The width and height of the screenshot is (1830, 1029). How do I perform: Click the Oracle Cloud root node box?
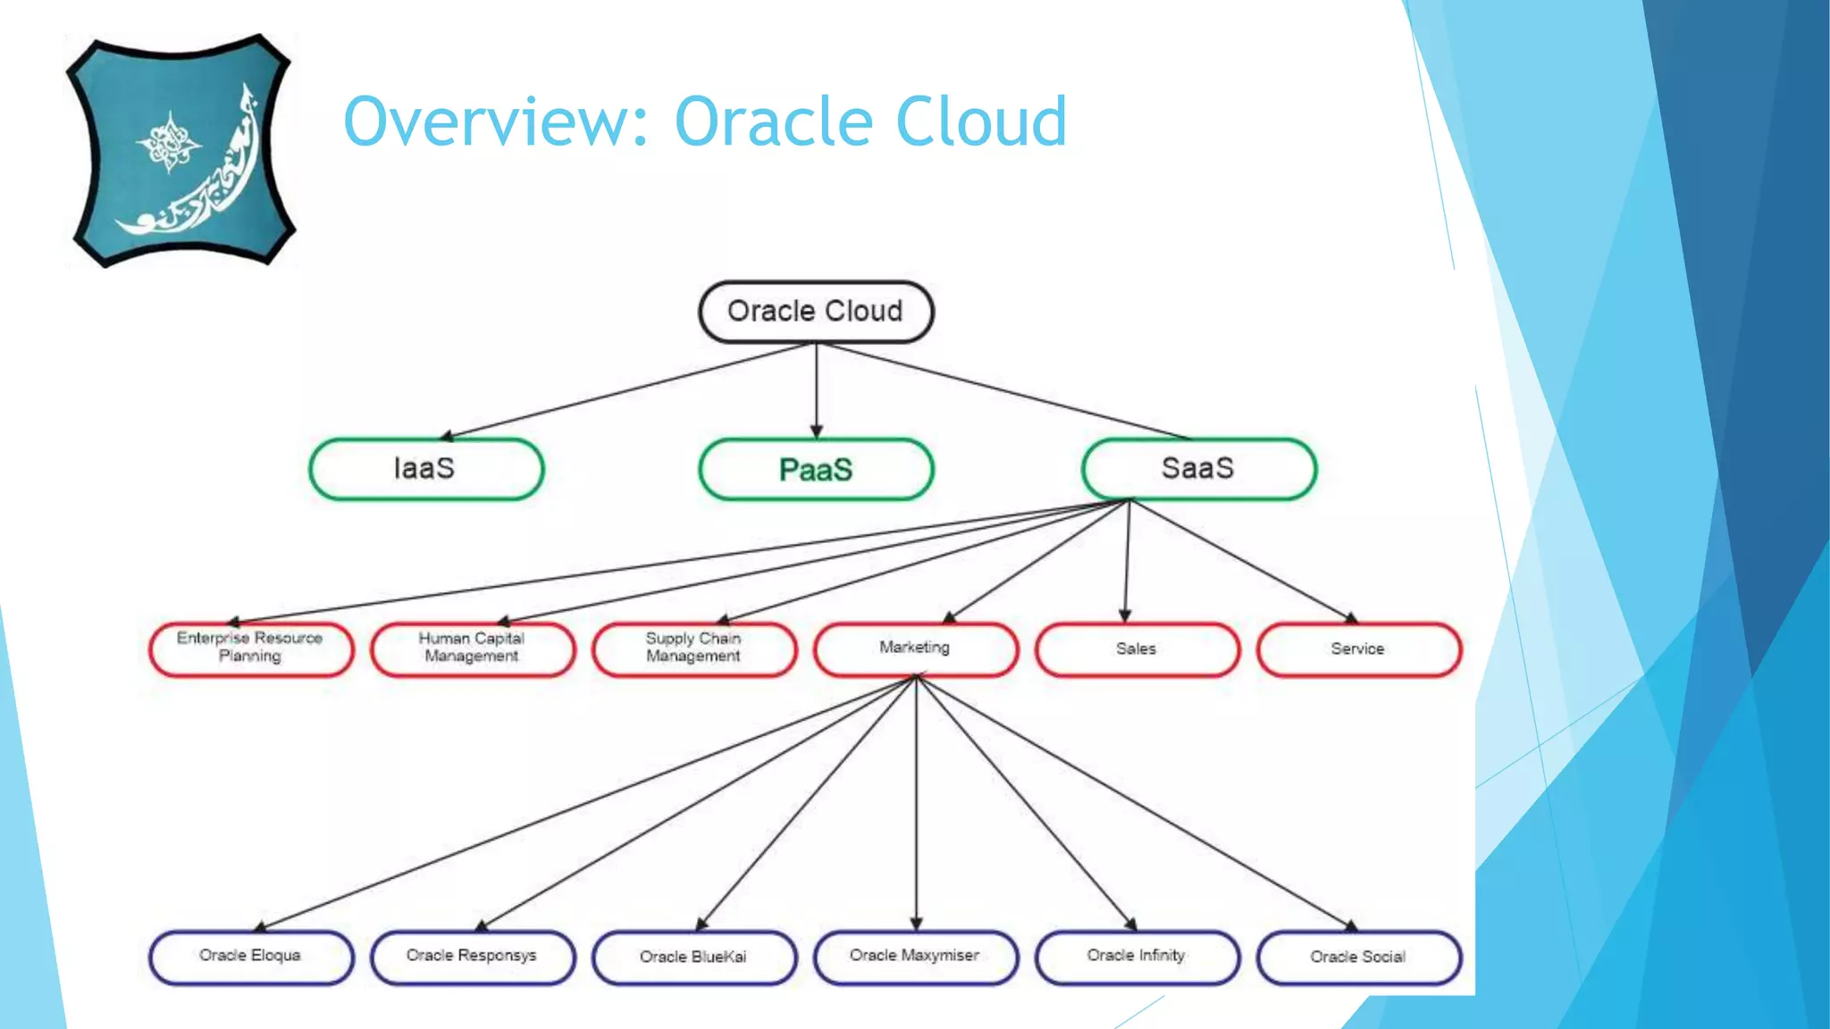click(816, 312)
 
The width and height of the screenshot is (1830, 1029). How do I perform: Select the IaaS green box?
click(426, 469)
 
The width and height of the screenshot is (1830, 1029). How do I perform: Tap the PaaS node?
click(816, 469)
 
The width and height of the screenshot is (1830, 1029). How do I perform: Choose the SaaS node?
click(1198, 469)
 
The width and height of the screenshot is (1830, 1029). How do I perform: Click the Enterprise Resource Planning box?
click(251, 648)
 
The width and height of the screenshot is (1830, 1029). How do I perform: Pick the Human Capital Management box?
click(473, 648)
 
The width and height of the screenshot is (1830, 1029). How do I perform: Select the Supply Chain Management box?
click(694, 648)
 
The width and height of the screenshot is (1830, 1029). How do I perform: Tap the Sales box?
click(1137, 649)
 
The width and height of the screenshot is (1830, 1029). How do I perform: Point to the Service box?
click(1358, 649)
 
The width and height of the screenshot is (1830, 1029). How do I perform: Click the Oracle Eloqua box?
click(251, 957)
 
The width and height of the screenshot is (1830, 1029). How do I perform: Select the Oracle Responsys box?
click(473, 957)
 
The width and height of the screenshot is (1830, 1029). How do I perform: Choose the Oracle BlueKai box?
click(694, 958)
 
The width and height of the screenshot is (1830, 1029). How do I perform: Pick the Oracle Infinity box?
click(1137, 957)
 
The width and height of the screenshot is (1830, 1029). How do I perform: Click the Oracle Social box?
click(1358, 958)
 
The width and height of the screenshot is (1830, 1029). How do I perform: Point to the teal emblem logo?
click(181, 151)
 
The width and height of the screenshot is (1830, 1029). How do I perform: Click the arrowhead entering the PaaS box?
click(816, 431)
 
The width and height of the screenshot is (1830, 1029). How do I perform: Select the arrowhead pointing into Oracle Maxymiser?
click(916, 924)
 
